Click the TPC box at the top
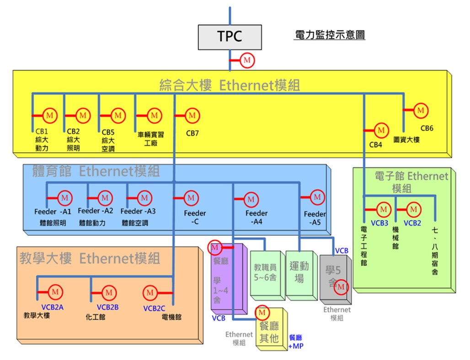(230, 37)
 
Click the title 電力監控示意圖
(329, 35)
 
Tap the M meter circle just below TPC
(247, 60)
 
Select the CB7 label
(192, 134)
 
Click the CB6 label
(427, 128)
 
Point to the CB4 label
(375, 145)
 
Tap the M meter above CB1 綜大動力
(50, 115)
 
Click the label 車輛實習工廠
(151, 139)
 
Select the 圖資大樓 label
(406, 140)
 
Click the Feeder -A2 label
(95, 211)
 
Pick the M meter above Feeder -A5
(317, 198)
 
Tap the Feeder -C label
(195, 217)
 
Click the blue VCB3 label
(379, 223)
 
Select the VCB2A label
(50, 307)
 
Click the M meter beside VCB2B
(108, 292)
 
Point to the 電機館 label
(171, 317)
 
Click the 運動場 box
(299, 273)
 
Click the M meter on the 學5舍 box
(342, 287)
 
